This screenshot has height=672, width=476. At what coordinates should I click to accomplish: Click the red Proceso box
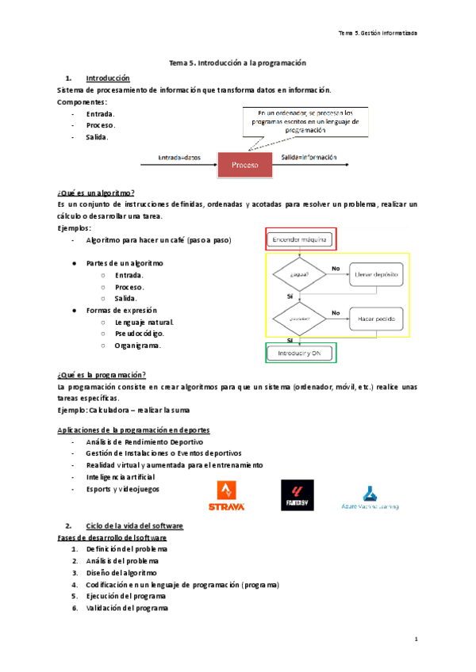pos(244,165)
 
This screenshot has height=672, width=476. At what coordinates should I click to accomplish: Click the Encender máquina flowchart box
pos(299,239)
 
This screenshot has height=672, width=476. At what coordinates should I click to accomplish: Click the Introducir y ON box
pos(299,352)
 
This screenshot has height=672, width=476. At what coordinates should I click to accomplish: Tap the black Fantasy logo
pos(297,495)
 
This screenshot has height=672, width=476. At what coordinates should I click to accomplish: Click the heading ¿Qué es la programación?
pos(102,375)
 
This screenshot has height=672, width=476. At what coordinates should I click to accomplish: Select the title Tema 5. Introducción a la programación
pos(238,62)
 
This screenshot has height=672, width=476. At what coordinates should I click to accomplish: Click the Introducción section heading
pos(107,78)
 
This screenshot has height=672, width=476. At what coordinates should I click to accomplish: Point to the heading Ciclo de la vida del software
pos(134,526)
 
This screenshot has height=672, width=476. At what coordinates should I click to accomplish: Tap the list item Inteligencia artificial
pos(121,477)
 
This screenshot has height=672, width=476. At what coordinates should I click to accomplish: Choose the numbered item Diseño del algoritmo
pos(121,572)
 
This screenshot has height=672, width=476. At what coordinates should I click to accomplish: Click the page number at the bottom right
pos(415,639)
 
